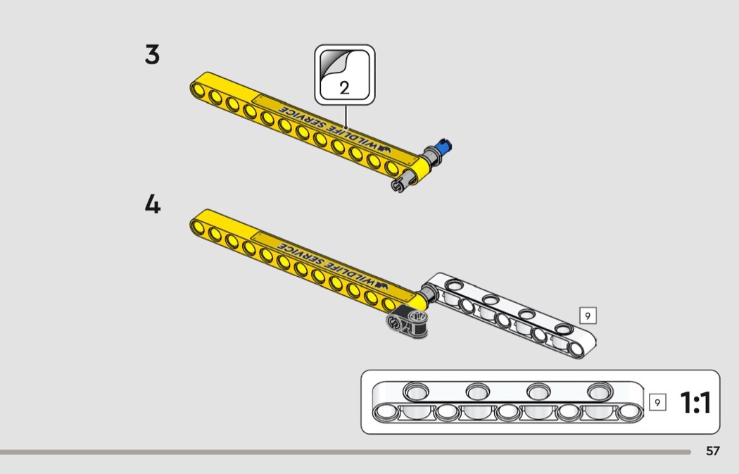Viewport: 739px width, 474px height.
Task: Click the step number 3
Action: [152, 54]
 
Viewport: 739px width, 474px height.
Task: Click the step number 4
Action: [152, 204]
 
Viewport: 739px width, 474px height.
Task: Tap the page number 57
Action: [712, 451]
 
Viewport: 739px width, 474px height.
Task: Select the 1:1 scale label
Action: [695, 402]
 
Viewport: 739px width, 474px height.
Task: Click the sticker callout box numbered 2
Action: [345, 75]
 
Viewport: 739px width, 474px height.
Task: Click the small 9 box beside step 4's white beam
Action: [587, 316]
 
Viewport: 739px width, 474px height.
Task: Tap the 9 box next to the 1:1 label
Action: [657, 402]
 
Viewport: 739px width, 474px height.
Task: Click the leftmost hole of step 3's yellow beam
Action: [198, 89]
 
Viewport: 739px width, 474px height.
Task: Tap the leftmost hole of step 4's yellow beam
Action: [198, 227]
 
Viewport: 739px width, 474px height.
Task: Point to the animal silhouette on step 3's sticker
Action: [384, 149]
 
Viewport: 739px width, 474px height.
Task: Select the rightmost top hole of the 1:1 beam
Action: [600, 390]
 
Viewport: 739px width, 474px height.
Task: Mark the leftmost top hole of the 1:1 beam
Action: [416, 391]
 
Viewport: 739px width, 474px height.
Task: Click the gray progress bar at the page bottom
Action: [346, 452]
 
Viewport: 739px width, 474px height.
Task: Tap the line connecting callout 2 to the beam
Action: [346, 117]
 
